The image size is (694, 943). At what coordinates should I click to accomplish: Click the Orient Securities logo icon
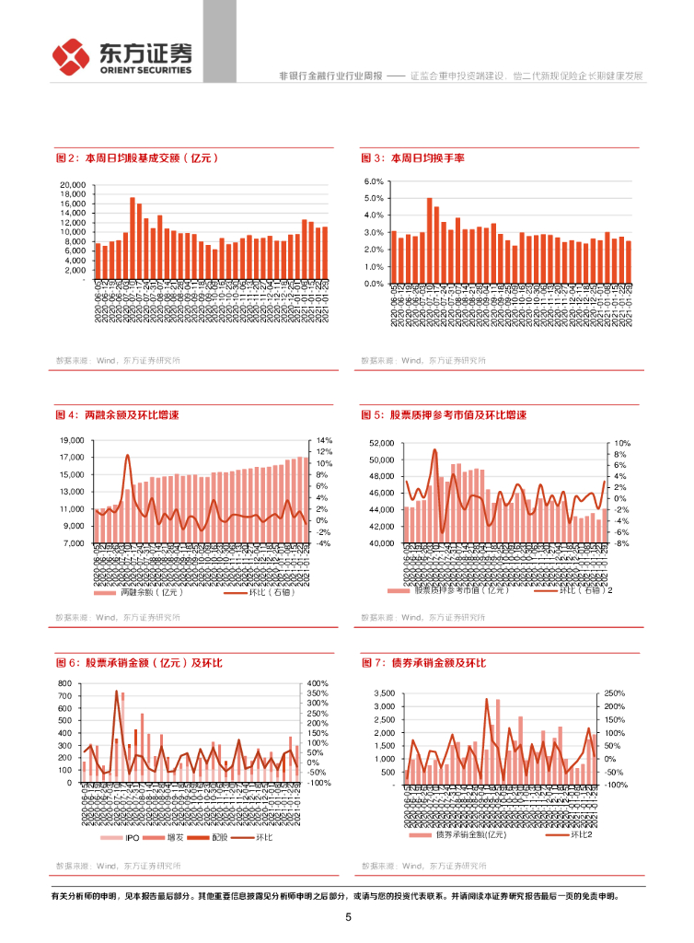69,57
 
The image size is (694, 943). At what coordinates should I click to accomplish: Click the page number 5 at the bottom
348,917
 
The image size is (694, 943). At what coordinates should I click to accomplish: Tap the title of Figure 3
413,158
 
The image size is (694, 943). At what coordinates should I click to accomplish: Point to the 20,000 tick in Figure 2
73,185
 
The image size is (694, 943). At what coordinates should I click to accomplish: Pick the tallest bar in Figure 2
133,237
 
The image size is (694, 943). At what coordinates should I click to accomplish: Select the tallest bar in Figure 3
429,239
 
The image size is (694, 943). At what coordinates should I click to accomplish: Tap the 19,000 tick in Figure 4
73,440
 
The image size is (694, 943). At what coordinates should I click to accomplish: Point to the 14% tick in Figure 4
323,440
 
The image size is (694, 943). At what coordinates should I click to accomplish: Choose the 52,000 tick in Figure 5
380,443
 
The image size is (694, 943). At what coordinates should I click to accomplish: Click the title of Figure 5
445,415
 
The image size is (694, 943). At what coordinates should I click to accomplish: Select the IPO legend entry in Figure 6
126,837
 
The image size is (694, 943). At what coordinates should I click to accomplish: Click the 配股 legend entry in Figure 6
213,837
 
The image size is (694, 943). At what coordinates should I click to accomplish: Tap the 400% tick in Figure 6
319,683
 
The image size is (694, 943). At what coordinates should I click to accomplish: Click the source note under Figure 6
117,866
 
